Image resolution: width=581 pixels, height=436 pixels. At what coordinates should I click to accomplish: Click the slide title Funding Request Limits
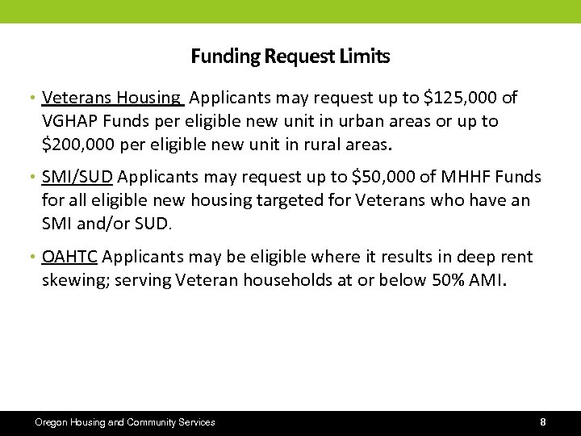tap(290, 57)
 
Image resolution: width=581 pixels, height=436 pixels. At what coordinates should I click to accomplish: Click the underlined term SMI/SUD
tap(77, 177)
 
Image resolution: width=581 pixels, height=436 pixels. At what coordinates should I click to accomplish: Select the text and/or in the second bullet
tap(102, 224)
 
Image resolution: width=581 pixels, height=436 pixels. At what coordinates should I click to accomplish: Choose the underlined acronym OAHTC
tap(69, 257)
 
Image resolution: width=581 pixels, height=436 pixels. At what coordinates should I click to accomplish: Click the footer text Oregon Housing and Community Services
tap(124, 422)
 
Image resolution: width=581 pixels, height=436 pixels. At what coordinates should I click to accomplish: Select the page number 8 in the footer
tap(543, 422)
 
